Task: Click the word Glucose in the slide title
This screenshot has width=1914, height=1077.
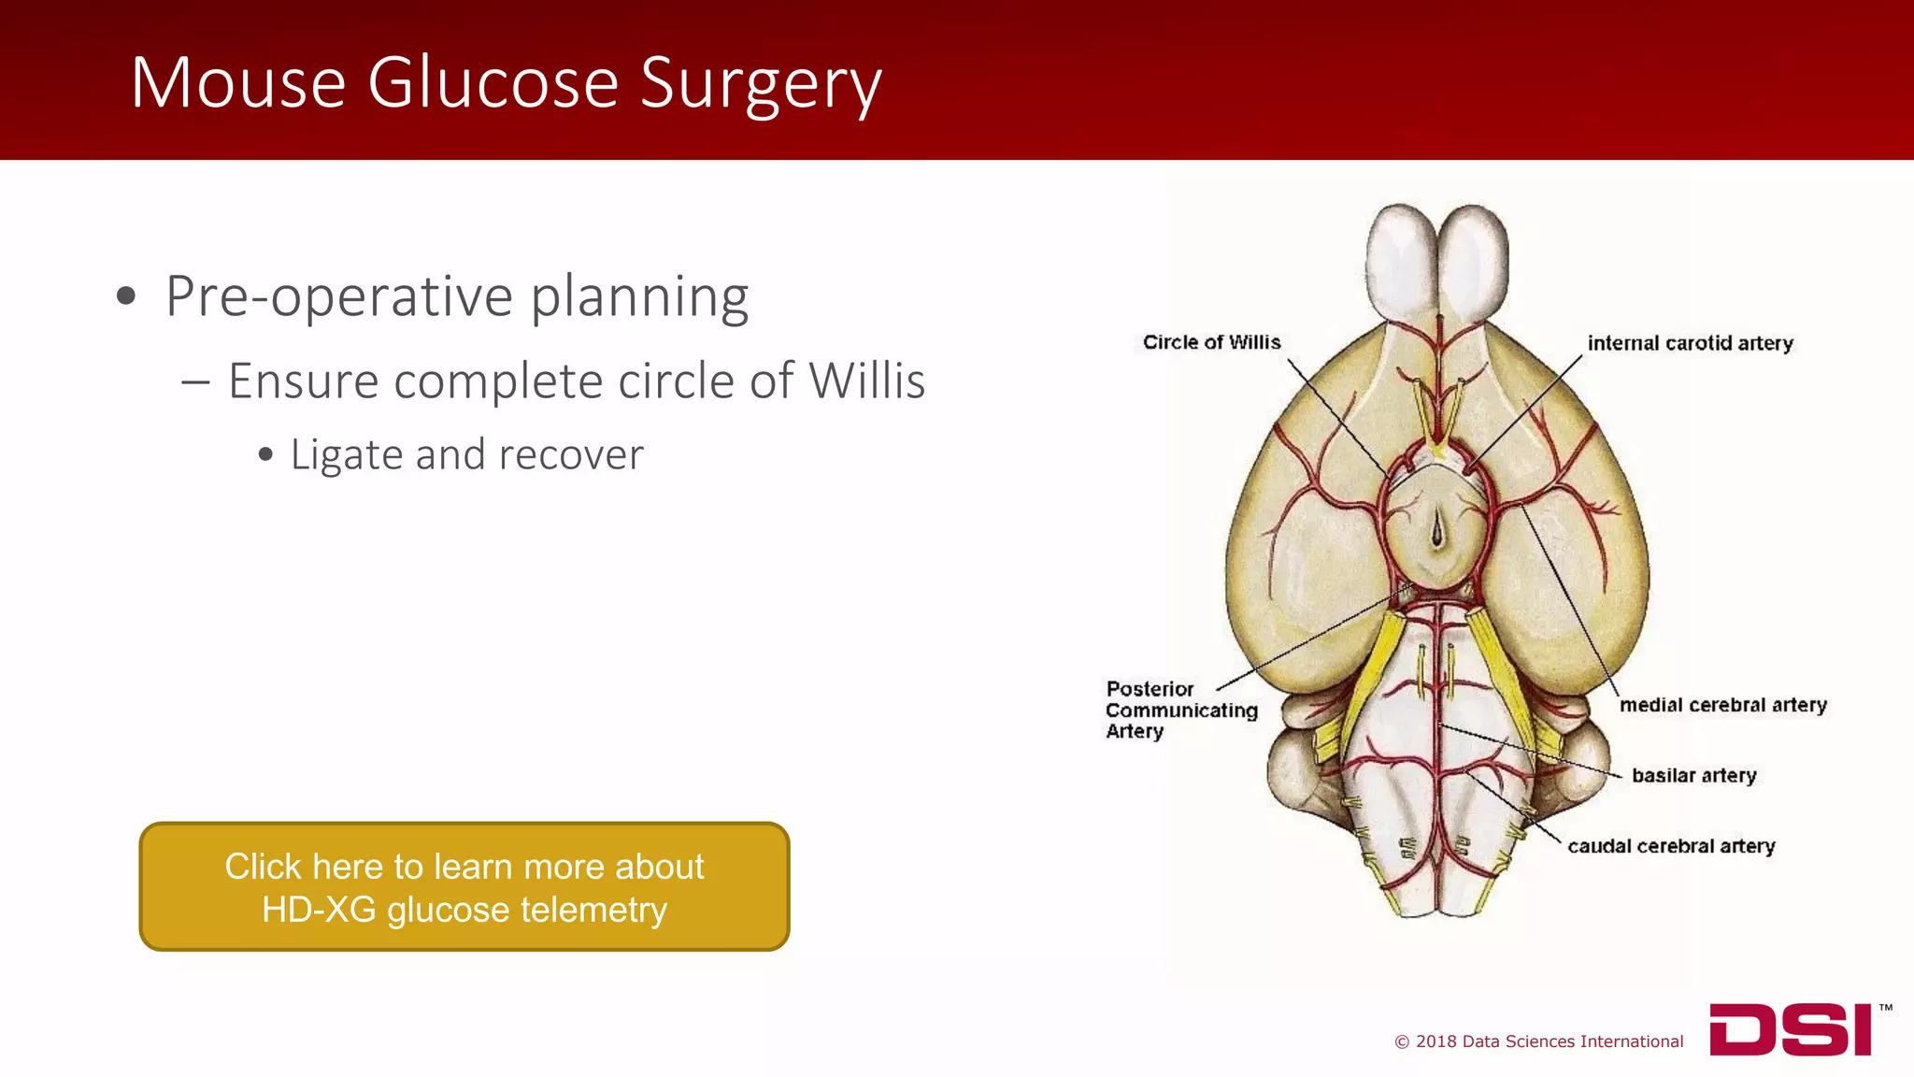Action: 493,83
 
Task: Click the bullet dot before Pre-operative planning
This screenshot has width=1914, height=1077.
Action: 126,297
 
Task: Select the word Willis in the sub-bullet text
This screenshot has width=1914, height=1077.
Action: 866,381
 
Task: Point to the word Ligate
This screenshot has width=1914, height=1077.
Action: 346,455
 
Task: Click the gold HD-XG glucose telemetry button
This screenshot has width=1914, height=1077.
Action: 464,887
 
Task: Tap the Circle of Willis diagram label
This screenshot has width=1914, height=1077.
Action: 1211,342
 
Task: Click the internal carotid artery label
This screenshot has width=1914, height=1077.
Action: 1690,343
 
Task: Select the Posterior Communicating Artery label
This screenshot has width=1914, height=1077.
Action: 1180,710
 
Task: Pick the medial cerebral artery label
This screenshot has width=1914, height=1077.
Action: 1722,705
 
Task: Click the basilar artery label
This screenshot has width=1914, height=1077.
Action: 1693,775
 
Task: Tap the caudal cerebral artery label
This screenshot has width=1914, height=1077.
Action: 1671,846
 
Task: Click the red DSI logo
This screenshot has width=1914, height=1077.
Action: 1791,1030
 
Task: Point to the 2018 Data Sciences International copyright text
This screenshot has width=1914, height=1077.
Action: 1539,1041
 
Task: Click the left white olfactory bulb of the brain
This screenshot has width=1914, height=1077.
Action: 1402,262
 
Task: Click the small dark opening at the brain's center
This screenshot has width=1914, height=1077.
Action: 1437,534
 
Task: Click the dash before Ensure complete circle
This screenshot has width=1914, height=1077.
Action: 195,382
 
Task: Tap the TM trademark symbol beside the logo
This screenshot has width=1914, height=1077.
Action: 1885,1008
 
